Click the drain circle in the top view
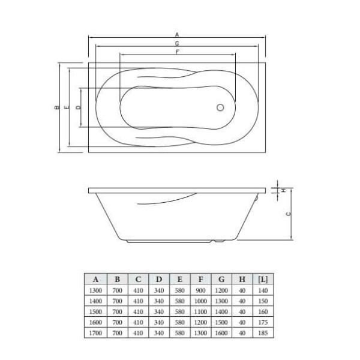click(220, 109)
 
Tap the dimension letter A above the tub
click(178, 35)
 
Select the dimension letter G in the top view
click(178, 44)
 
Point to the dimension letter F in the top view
click(178, 53)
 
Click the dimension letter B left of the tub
click(55, 108)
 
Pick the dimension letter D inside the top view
click(78, 108)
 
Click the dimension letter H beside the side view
click(283, 190)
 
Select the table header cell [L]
click(262, 279)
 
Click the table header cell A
click(96, 279)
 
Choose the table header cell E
click(179, 279)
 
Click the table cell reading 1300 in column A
click(96, 290)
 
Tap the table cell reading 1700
click(96, 332)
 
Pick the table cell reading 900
click(200, 290)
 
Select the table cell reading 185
click(262, 332)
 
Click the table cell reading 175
click(262, 322)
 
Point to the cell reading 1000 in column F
click(200, 300)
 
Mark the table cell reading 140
click(262, 290)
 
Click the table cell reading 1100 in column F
click(200, 311)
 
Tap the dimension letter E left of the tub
click(67, 108)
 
